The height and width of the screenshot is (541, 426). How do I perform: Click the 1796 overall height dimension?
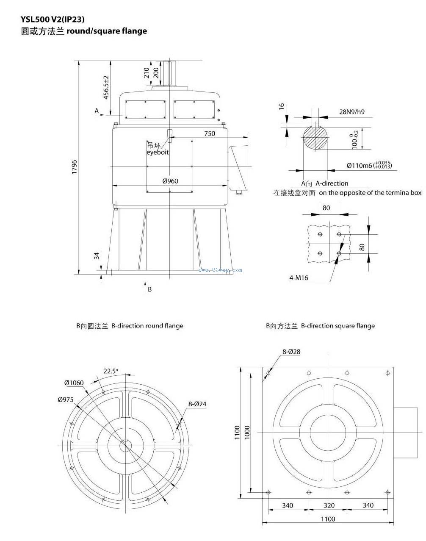tap(74, 167)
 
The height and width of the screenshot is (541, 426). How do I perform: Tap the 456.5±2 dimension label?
tap(106, 87)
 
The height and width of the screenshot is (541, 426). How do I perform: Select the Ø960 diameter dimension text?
tap(170, 181)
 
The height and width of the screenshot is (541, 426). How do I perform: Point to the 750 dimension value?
tap(210, 133)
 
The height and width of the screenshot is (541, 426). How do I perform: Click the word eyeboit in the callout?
tap(158, 152)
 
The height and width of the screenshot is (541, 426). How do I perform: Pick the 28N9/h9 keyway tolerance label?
tap(352, 112)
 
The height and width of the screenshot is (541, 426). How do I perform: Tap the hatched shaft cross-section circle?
tap(315, 139)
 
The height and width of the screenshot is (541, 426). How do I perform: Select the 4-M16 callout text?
tap(299, 278)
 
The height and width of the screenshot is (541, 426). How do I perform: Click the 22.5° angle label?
tap(111, 371)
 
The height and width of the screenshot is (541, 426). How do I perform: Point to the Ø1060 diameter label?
tap(74, 383)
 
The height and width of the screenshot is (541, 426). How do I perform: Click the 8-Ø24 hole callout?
tap(197, 404)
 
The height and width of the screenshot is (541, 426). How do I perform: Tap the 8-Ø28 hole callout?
tap(291, 352)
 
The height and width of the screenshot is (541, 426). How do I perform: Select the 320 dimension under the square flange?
tap(329, 505)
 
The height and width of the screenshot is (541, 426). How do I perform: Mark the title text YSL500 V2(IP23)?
tap(53, 19)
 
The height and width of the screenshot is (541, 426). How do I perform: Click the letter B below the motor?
tap(149, 290)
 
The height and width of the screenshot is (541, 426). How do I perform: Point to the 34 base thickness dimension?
tap(97, 255)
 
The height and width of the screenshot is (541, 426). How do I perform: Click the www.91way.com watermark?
tap(220, 270)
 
